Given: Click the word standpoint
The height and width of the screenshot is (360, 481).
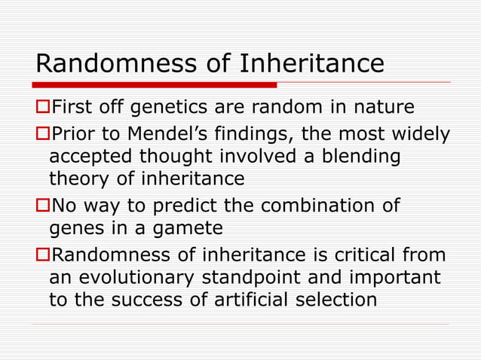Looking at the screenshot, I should pos(260,277).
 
